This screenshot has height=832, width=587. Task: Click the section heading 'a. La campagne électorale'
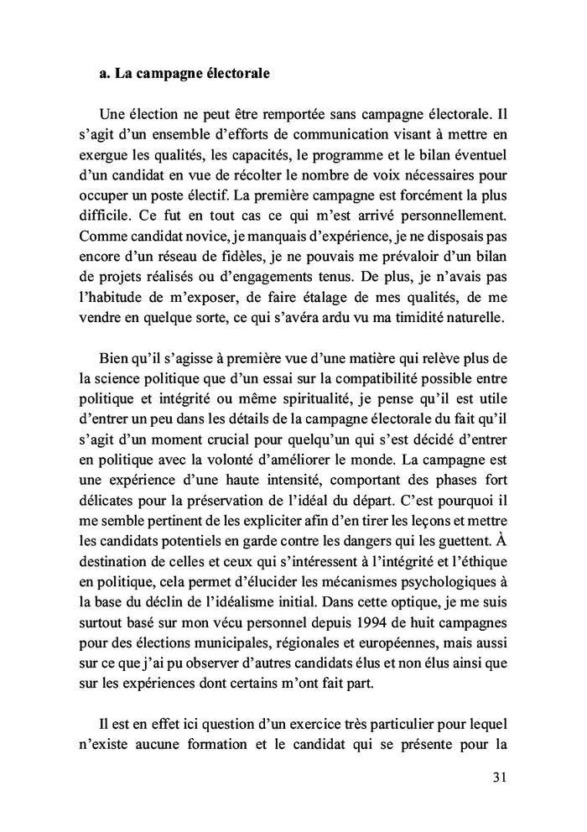click(x=184, y=74)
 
